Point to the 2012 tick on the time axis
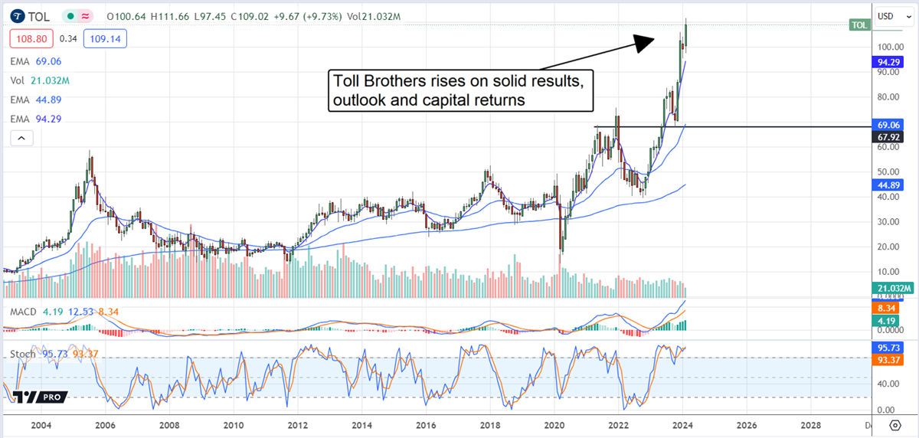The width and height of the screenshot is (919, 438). (x=298, y=425)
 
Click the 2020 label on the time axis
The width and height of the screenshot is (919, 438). (x=554, y=425)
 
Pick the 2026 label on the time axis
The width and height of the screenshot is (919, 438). (x=747, y=425)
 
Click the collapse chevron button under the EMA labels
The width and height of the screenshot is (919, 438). (x=21, y=138)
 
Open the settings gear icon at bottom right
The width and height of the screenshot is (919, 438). (x=894, y=425)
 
